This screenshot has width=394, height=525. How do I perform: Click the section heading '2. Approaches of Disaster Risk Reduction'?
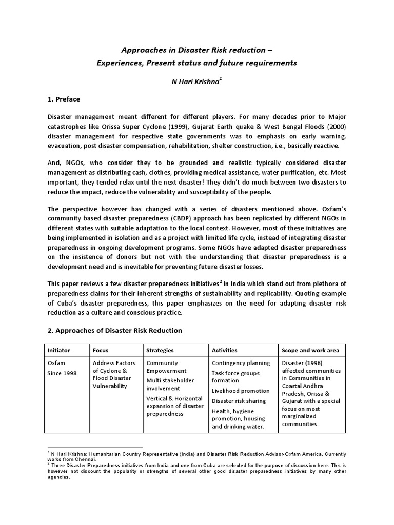tap(114, 331)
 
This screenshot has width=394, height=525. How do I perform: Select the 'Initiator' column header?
tap(59, 351)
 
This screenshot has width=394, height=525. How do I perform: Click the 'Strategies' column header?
tap(160, 351)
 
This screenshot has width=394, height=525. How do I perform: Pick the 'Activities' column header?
tap(225, 351)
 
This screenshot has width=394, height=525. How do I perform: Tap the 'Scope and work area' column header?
tap(310, 351)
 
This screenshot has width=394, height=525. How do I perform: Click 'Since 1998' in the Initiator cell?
tap(62, 373)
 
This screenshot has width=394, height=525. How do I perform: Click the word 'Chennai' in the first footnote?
tap(71, 459)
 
